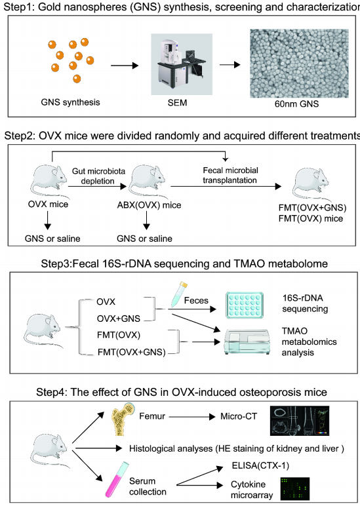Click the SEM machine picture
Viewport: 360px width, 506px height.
click(x=182, y=64)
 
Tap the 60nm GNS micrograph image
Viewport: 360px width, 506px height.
click(x=299, y=63)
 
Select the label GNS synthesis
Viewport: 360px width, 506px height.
click(x=70, y=102)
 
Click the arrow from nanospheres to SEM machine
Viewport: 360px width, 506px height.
click(x=125, y=66)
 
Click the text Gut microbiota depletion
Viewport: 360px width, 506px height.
click(x=98, y=176)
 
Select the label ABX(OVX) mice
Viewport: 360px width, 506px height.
click(x=149, y=205)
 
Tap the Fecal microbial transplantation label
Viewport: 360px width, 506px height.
click(x=230, y=175)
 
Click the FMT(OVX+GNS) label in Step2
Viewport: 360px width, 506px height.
click(x=313, y=208)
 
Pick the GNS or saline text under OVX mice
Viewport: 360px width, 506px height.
click(x=52, y=239)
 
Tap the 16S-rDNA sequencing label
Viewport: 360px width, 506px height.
click(x=305, y=303)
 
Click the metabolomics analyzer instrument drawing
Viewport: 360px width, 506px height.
click(x=247, y=342)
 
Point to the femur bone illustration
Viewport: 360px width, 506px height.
click(x=123, y=419)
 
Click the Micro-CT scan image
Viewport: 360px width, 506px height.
click(x=299, y=421)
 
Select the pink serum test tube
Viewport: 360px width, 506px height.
click(x=117, y=479)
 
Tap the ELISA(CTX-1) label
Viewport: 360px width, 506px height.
click(x=260, y=465)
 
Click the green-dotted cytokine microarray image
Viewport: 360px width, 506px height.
click(x=295, y=488)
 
